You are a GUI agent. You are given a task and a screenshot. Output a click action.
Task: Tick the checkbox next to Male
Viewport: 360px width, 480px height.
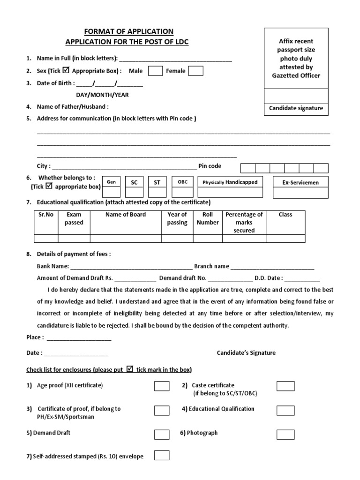tap(155, 71)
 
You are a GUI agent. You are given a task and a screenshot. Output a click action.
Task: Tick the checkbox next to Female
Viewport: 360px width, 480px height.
tap(196, 71)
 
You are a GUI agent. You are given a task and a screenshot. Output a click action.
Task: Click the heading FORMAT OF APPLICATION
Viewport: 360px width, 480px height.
tap(128, 31)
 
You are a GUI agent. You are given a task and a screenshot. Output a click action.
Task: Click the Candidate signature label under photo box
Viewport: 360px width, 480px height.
tap(296, 108)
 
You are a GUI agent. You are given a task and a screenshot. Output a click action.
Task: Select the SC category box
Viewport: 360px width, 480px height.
tap(134, 192)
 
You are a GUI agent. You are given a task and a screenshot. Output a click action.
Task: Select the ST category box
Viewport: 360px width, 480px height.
tap(157, 192)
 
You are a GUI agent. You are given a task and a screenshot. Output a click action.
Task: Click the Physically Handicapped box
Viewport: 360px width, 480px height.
tap(230, 192)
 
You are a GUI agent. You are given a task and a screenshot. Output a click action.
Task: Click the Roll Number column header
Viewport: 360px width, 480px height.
tap(208, 218)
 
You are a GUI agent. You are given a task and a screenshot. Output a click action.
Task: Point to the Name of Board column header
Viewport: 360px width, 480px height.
tap(126, 215)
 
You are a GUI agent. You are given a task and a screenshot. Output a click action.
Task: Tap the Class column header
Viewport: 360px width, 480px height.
tap(285, 215)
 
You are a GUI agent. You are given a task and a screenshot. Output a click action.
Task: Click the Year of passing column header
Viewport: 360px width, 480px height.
tap(177, 218)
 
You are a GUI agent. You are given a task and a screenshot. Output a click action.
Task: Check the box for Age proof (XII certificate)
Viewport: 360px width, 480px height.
tap(162, 386)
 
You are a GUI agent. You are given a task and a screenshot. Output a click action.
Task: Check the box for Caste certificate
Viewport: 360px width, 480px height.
tap(285, 386)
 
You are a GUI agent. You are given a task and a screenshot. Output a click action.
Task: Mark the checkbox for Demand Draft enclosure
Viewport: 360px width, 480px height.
tap(162, 434)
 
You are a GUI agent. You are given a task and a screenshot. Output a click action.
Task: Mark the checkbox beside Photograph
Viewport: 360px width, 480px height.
tap(285, 434)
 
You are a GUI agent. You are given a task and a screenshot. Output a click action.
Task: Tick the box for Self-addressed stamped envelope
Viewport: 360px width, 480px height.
tap(162, 455)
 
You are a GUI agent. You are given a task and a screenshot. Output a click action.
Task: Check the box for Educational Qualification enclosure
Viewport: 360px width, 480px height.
tap(285, 410)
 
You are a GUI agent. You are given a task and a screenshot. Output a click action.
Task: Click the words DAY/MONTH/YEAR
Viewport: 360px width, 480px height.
tap(103, 95)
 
